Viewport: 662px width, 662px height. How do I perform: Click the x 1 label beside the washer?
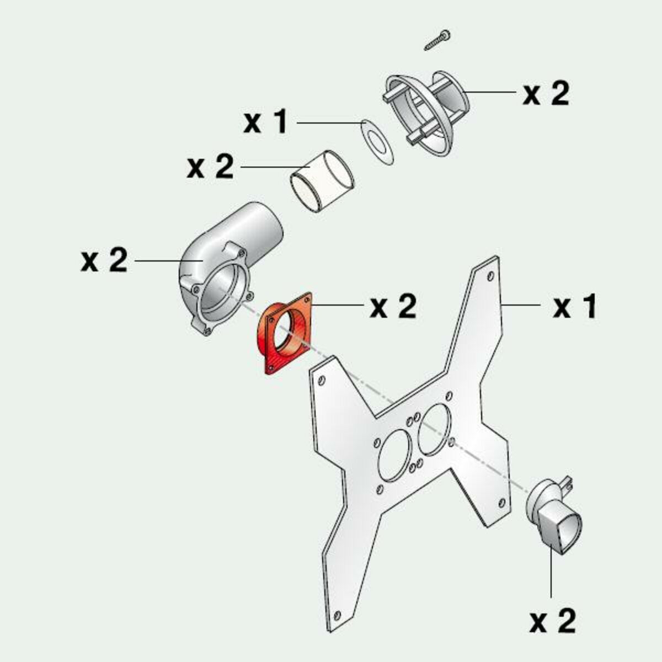[266, 122]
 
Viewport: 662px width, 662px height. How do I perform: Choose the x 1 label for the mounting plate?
[575, 306]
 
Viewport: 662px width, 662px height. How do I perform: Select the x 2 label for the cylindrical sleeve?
[210, 167]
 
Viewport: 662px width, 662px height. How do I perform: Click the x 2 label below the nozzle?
[552, 621]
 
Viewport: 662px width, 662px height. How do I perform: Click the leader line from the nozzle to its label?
[551, 574]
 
